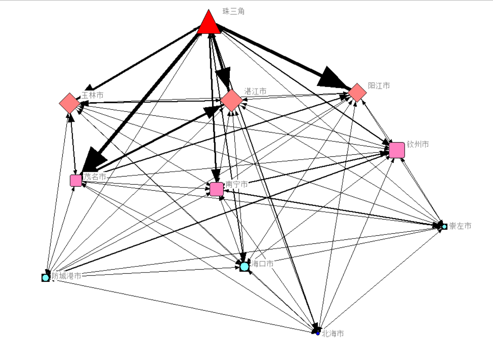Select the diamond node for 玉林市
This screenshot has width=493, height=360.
[69, 103]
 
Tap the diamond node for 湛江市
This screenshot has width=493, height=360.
[232, 100]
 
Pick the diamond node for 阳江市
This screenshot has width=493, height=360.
[357, 92]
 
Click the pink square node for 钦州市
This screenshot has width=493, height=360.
[397, 150]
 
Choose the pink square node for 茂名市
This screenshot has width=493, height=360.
[76, 181]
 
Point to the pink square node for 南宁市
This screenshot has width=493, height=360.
[217, 189]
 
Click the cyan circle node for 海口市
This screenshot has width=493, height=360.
[244, 266]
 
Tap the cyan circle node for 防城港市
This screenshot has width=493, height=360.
[45, 277]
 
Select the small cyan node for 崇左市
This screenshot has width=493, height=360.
[444, 226]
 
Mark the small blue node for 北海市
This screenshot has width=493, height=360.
[318, 333]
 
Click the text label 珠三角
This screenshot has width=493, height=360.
[234, 11]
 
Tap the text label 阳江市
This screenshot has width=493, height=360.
[379, 85]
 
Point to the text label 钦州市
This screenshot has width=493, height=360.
[418, 144]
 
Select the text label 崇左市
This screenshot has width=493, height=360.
[460, 226]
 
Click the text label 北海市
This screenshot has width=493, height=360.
[333, 334]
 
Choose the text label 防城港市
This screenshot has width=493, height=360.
[66, 276]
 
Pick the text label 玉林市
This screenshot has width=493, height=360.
[92, 95]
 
